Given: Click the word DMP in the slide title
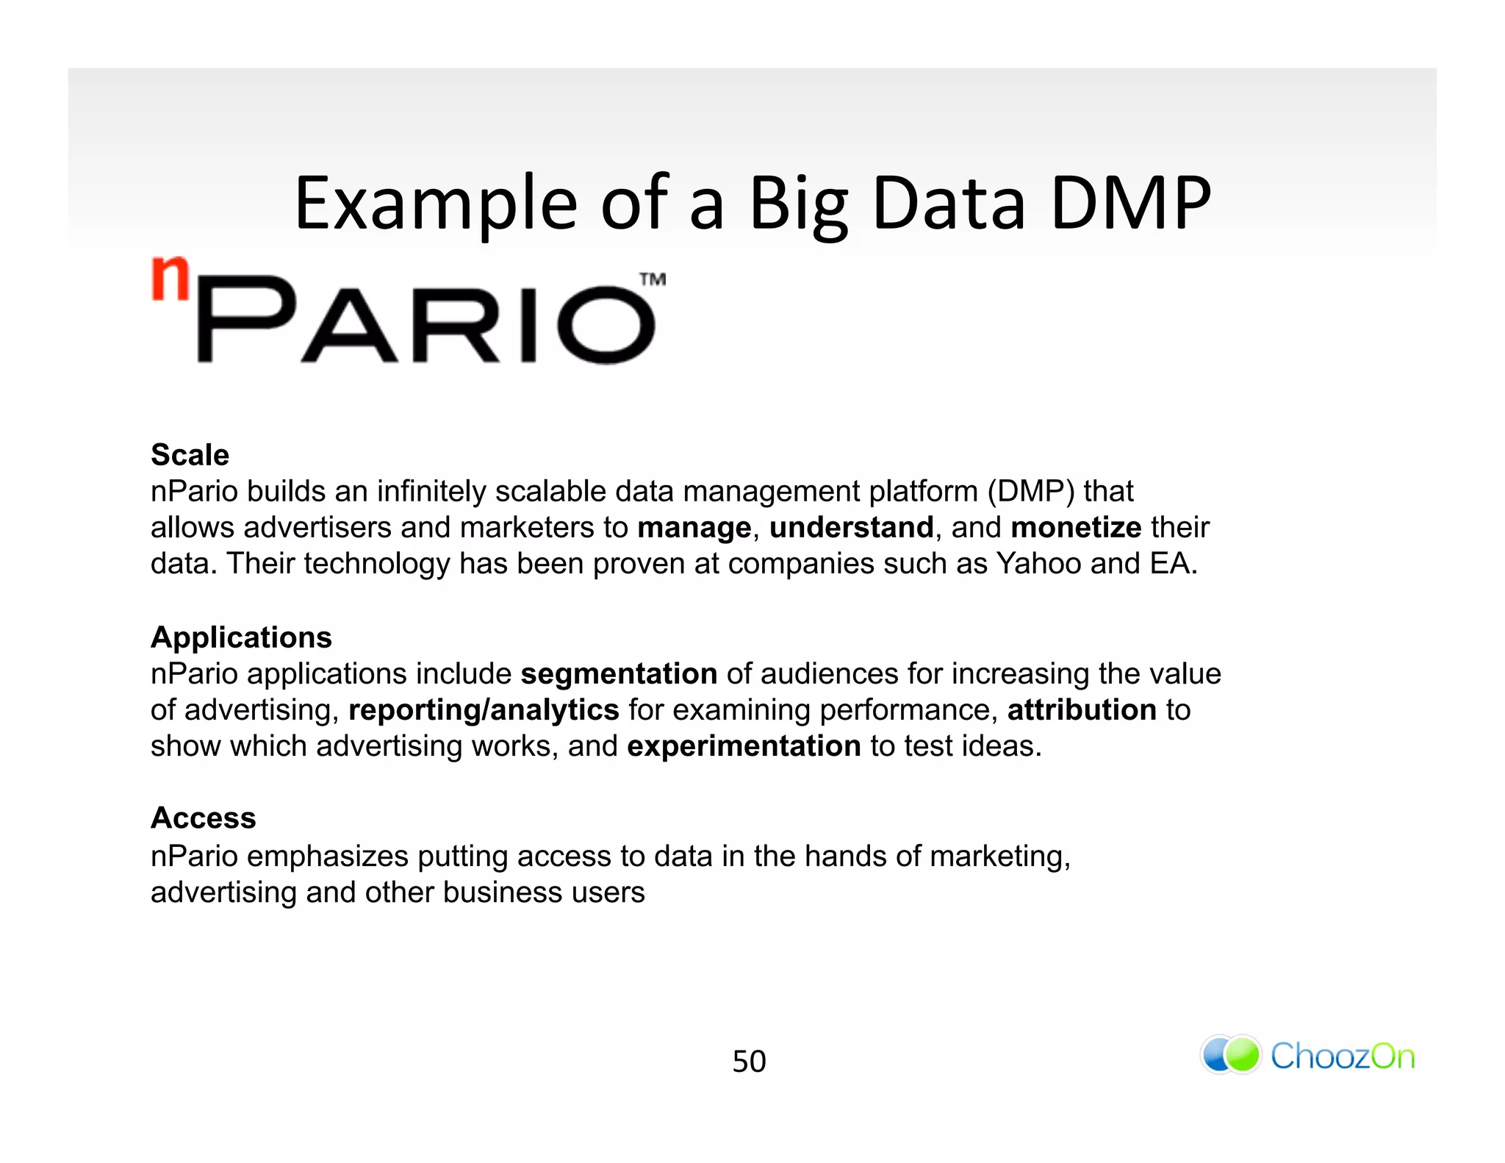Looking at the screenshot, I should (x=1130, y=204).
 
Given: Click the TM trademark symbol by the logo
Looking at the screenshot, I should (x=653, y=279).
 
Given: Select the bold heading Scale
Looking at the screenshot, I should (x=190, y=455).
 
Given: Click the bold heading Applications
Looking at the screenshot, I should (x=241, y=637).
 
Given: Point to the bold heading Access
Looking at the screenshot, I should (x=203, y=818).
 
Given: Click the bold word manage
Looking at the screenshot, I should (x=694, y=528).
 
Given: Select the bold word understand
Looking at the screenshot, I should (x=851, y=528).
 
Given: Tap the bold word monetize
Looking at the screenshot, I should (x=1076, y=528).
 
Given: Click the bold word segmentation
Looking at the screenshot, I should (x=619, y=674).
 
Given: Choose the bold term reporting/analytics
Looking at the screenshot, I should (x=484, y=710).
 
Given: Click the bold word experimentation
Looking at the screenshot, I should (x=744, y=746).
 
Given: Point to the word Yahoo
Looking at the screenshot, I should (x=1038, y=564).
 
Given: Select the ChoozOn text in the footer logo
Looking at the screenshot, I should (x=1343, y=1056).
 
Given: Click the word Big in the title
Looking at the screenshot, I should (x=799, y=204).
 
